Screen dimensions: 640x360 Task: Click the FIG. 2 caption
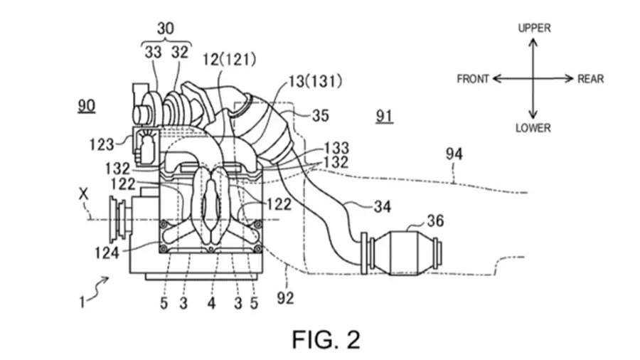tap(326, 339)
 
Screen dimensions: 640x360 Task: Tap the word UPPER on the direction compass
tap(534, 28)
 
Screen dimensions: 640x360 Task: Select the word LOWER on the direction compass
tap(533, 128)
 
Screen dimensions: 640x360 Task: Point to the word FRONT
tap(473, 79)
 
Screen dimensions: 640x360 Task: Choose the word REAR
tap(590, 79)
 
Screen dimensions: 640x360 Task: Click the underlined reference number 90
tap(87, 106)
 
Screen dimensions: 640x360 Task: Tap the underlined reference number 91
tap(384, 117)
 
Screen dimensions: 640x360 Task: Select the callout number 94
tap(454, 154)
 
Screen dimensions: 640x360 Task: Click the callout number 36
tap(435, 221)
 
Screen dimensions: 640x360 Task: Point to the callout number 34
tap(382, 206)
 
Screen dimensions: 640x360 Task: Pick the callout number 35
tap(321, 115)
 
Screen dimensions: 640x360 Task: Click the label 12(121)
tap(230, 60)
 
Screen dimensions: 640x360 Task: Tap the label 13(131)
tap(315, 82)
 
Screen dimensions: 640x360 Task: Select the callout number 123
tap(102, 144)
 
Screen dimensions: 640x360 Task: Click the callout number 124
tap(107, 253)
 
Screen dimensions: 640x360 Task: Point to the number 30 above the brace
tap(165, 28)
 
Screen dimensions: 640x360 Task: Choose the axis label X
tap(83, 194)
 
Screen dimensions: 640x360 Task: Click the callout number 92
tap(285, 298)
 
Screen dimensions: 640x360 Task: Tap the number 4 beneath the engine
tap(211, 303)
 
